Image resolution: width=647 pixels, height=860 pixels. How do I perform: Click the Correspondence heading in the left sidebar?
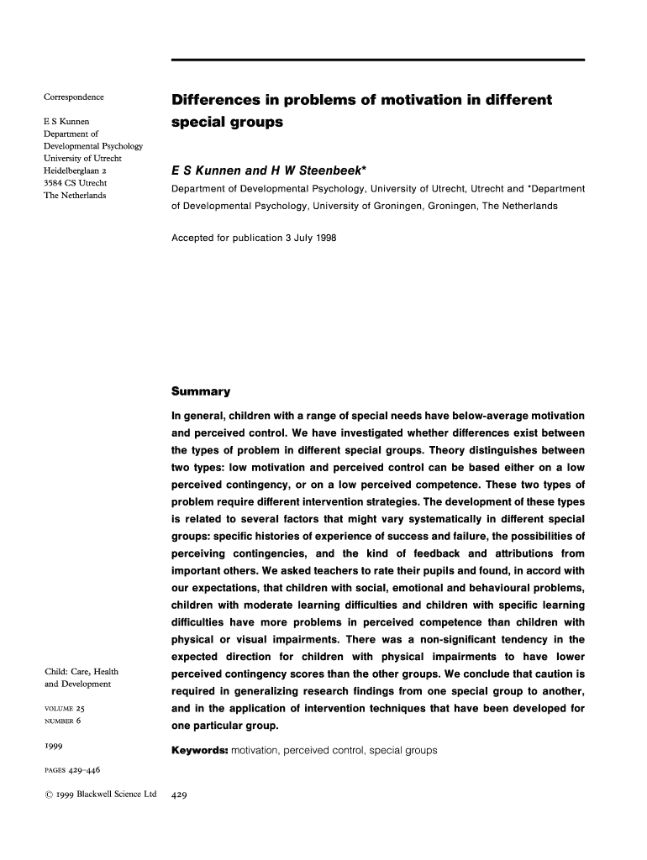pos(74,97)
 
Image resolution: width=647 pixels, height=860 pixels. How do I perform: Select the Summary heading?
pos(201,391)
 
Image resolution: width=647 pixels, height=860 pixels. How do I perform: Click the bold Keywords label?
pos(200,750)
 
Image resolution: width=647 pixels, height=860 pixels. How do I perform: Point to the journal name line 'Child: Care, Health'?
pos(81,671)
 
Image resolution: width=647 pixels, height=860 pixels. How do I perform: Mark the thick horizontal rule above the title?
pos(377,60)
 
